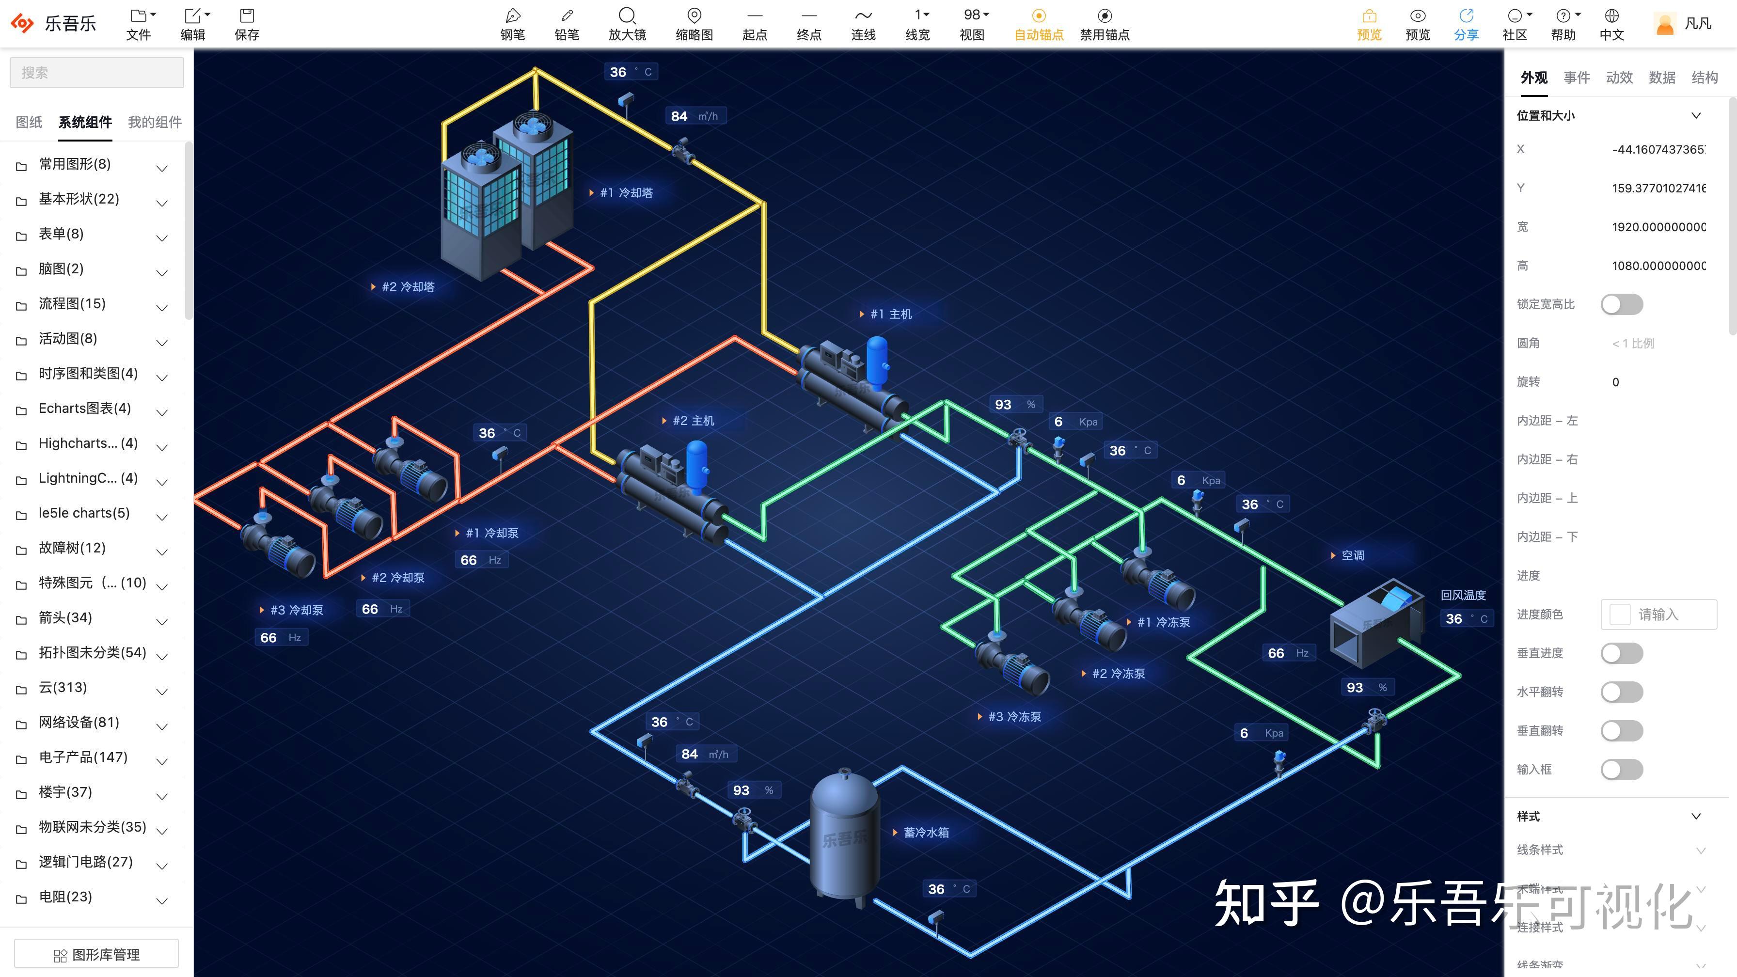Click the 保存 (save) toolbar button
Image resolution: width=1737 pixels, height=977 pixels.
point(247,24)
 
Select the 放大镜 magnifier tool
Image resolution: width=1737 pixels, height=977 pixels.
point(627,24)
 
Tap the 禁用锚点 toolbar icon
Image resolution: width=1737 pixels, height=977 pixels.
point(1104,24)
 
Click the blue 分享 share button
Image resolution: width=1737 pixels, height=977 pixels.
point(1466,24)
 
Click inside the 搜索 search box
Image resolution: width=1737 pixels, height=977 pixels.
point(96,72)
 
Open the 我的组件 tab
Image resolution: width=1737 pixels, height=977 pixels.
point(155,122)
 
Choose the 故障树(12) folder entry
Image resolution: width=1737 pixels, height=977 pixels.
point(72,548)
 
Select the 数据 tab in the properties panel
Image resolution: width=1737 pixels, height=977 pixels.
point(1661,78)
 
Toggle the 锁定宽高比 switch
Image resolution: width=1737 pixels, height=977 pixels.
point(1622,304)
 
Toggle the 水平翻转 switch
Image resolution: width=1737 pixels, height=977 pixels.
point(1622,692)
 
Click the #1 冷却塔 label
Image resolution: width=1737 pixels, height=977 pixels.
point(626,193)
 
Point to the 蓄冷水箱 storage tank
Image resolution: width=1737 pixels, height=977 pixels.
point(844,836)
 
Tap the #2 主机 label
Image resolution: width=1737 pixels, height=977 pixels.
point(693,421)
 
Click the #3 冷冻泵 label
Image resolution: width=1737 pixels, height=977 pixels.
point(1013,717)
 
